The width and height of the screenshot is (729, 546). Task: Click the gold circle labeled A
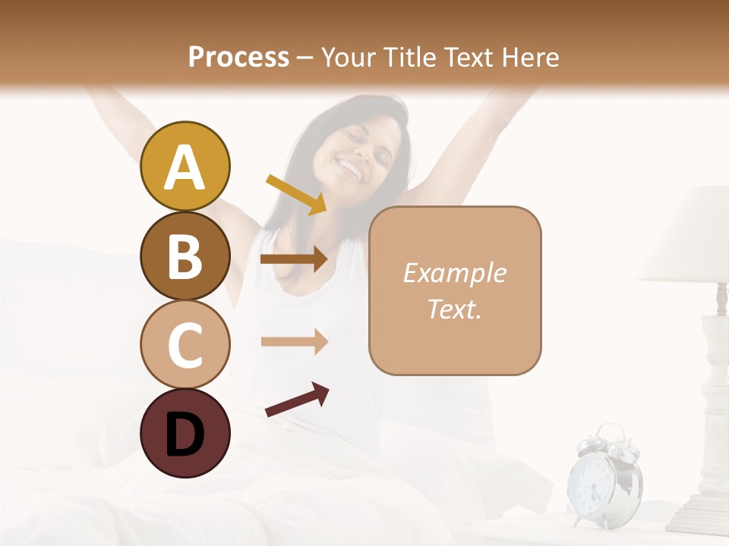[185, 166]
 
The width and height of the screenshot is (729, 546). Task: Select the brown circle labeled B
[185, 256]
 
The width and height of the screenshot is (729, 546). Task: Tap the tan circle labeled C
[185, 344]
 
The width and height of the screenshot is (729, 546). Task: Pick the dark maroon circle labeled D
[185, 433]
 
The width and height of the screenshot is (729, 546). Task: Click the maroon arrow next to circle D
[296, 400]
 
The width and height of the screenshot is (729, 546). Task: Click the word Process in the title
[238, 57]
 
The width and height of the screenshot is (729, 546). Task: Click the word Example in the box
[454, 273]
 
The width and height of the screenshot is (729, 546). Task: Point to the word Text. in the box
[454, 309]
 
